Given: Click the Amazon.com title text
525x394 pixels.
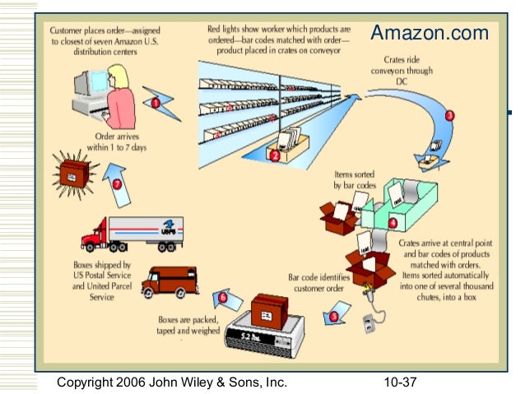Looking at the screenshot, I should click(429, 34).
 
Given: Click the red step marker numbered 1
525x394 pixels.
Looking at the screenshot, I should click(155, 103).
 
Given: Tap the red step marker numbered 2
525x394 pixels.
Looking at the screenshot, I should click(274, 153).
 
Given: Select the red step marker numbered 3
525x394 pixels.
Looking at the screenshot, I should click(449, 115).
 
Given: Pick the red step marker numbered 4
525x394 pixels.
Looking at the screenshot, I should click(393, 221).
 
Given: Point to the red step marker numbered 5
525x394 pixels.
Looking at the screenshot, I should click(333, 316).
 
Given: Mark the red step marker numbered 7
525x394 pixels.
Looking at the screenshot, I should click(117, 184).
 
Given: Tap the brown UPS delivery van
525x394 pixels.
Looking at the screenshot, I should click(170, 283).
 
